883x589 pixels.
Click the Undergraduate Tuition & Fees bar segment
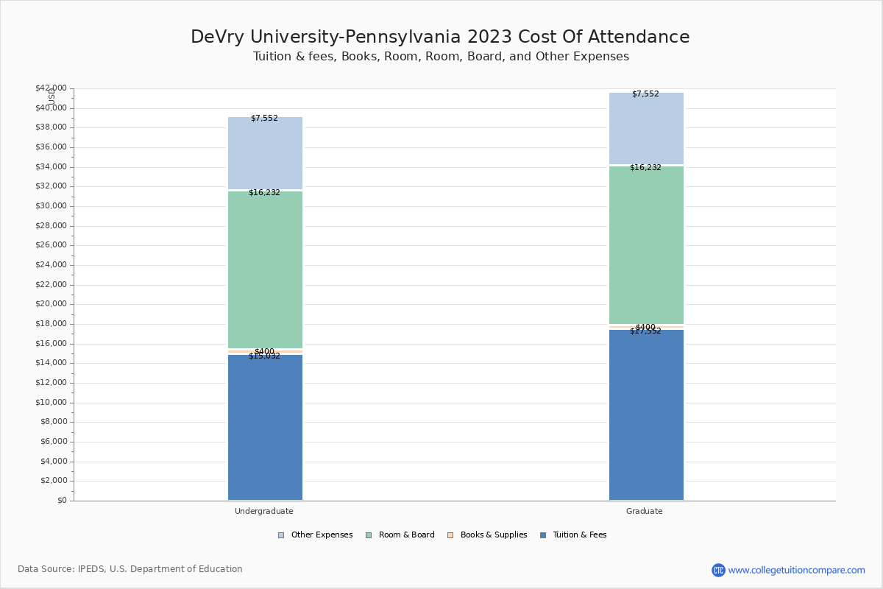tap(265, 427)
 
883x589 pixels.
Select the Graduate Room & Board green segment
tap(646, 244)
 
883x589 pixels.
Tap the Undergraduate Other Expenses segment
tap(265, 153)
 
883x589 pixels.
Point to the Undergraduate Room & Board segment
tap(265, 269)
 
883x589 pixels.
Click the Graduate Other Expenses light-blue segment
tap(646, 129)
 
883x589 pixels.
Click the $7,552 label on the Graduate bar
tap(645, 94)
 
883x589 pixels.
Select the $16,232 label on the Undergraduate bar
tap(264, 193)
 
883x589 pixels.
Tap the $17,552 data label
tap(645, 331)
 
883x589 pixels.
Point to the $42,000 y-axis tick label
tap(51, 88)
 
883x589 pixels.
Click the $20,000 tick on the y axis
tap(51, 304)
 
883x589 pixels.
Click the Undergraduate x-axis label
tap(264, 511)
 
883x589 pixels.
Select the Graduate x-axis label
tap(645, 511)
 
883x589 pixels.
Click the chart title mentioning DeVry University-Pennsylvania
tap(440, 38)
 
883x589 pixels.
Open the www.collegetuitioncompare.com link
tap(796, 570)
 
